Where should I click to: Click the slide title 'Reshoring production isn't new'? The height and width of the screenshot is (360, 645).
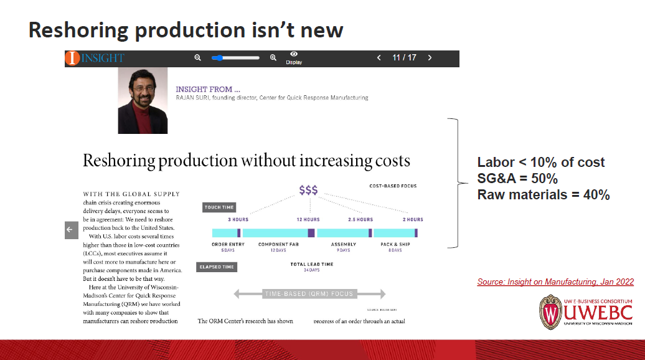tap(186, 30)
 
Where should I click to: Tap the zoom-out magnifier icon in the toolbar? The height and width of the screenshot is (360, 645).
tap(198, 58)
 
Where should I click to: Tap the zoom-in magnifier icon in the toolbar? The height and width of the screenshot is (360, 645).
tap(273, 58)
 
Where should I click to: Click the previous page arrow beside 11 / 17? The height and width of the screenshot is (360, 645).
tap(379, 58)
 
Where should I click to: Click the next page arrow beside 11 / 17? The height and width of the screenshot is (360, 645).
tap(430, 58)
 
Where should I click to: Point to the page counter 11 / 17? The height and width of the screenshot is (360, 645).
tap(404, 58)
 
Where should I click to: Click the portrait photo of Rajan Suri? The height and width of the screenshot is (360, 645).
tap(143, 100)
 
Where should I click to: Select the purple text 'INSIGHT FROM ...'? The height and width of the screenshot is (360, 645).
tap(199, 89)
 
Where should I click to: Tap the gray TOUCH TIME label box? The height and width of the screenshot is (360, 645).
tap(219, 207)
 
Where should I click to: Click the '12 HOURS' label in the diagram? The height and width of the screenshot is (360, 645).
tap(308, 220)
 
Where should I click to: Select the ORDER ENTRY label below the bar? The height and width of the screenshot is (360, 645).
tap(228, 244)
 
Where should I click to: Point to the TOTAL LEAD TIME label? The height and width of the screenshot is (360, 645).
tap(311, 264)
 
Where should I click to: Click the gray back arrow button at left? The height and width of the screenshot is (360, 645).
tap(70, 230)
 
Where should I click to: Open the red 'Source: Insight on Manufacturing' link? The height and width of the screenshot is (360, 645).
tap(555, 282)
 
